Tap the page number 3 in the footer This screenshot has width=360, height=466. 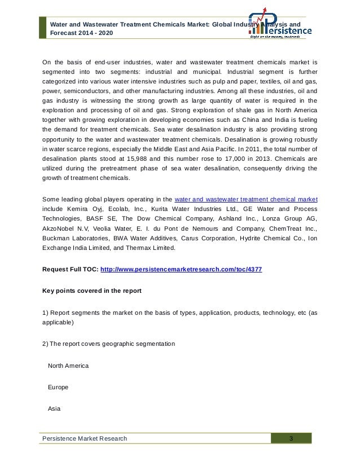(291, 438)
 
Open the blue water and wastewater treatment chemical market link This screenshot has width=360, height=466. (246, 199)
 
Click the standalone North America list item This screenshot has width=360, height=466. (68, 366)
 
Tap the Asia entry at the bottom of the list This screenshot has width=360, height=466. (55, 407)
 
